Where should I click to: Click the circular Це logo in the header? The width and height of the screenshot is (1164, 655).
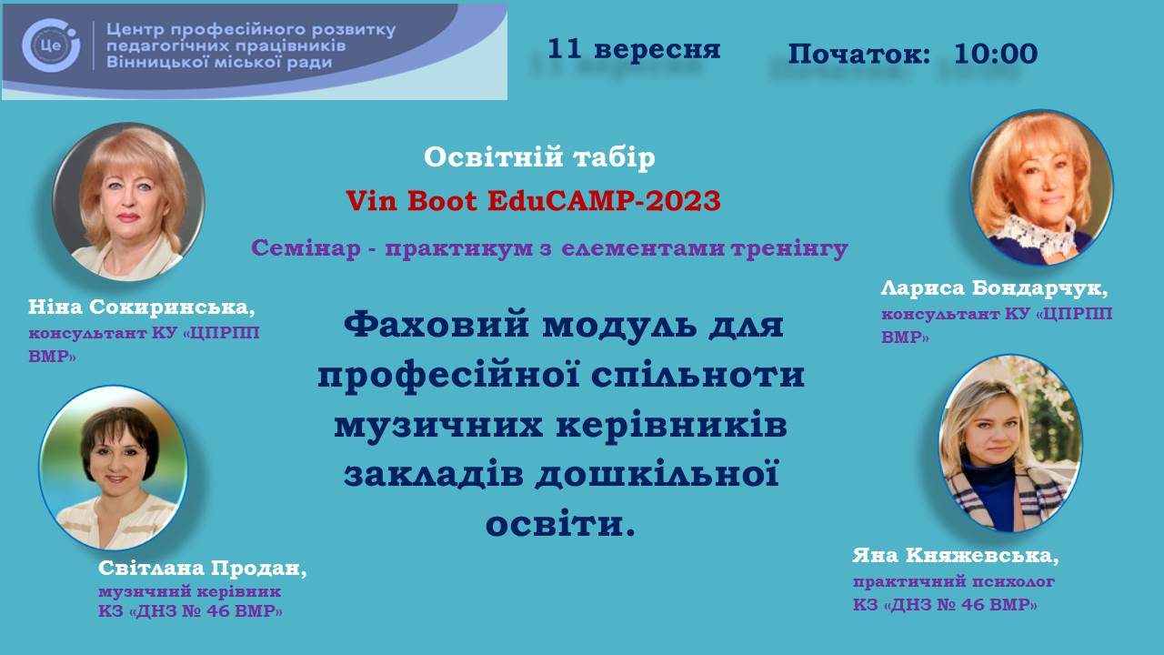coord(51,45)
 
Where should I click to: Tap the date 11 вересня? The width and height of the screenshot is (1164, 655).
coord(634,49)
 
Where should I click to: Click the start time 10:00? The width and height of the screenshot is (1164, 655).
coord(996,54)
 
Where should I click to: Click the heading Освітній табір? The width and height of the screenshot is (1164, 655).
coord(539,157)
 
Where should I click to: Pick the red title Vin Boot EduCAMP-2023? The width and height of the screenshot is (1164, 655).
coord(533,201)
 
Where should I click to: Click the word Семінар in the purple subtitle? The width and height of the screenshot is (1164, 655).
coord(306,248)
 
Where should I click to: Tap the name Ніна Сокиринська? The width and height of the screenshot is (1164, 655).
coord(142,307)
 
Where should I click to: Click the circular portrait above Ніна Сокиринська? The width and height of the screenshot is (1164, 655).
coord(128,202)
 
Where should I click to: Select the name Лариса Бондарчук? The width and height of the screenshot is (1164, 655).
coord(994,287)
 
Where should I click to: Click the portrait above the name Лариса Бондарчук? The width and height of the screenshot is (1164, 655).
coord(1041,187)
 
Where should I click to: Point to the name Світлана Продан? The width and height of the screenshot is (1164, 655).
coord(203,568)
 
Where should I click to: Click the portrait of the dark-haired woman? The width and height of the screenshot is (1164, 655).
coord(114,468)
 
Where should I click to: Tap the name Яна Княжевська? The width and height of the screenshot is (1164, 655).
coord(956,555)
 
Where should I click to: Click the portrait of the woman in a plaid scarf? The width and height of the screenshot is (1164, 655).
coord(1010,443)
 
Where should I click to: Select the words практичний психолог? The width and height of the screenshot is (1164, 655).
coord(954,581)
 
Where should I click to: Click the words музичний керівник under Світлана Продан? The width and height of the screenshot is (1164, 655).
coord(190,591)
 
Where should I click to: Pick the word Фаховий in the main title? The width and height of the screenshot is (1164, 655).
coord(436,325)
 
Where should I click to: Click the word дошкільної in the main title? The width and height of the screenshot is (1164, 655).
coord(657,474)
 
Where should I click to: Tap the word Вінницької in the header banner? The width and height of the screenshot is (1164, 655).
coord(151,63)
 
